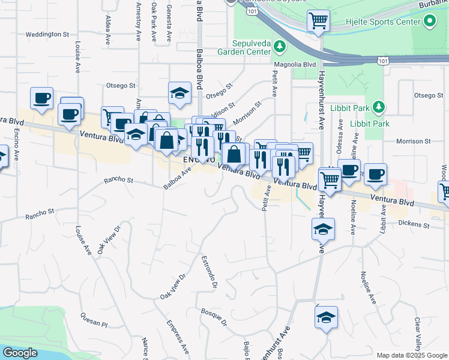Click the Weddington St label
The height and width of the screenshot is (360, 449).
point(48,34)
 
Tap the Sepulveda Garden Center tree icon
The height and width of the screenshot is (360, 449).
point(279,46)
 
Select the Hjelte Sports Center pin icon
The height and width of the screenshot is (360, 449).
point(429,22)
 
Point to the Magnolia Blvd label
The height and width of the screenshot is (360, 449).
point(294,64)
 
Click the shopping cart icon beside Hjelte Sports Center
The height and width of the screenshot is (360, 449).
point(318,21)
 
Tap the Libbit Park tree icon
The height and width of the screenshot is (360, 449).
point(378,107)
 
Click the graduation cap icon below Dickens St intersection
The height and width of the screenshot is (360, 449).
point(323,229)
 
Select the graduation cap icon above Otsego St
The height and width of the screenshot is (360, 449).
point(179,92)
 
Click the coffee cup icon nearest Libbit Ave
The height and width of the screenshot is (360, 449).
point(375,174)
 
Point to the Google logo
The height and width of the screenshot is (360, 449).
point(20,353)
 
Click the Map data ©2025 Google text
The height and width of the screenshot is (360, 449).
point(411,355)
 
